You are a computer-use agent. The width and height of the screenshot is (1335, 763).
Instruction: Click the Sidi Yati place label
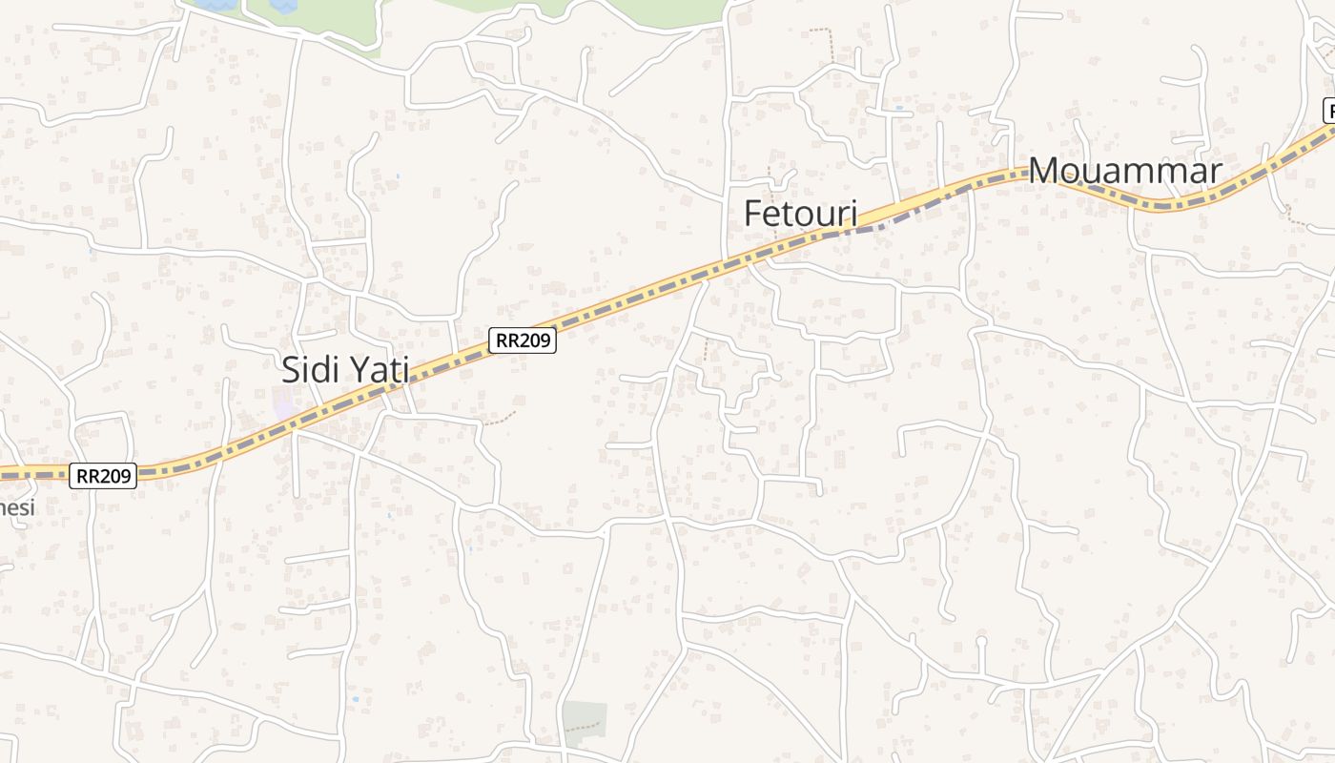[345, 369]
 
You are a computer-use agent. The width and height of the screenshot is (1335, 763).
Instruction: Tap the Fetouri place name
[800, 214]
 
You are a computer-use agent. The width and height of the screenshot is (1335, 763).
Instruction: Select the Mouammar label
[1125, 172]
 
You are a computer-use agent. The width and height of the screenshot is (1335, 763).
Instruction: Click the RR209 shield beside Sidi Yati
[523, 340]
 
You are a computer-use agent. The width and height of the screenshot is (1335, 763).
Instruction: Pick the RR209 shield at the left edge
[103, 475]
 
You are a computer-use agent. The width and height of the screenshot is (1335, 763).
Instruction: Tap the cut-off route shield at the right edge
[1329, 111]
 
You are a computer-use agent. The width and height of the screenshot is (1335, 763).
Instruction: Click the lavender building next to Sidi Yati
[284, 404]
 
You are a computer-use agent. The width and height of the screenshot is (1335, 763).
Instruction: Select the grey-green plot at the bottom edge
[584, 722]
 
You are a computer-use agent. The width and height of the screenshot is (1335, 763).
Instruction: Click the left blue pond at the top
[217, 5]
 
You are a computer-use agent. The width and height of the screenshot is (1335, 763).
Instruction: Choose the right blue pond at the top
[283, 5]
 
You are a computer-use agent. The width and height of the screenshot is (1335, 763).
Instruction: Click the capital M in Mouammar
[1044, 172]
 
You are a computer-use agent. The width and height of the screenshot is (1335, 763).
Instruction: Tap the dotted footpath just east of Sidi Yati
[501, 417]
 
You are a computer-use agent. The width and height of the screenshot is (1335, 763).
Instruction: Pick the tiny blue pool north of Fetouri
[899, 108]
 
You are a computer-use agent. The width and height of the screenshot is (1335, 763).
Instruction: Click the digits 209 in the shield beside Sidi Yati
[535, 340]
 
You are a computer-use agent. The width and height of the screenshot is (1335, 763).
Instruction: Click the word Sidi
[307, 369]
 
